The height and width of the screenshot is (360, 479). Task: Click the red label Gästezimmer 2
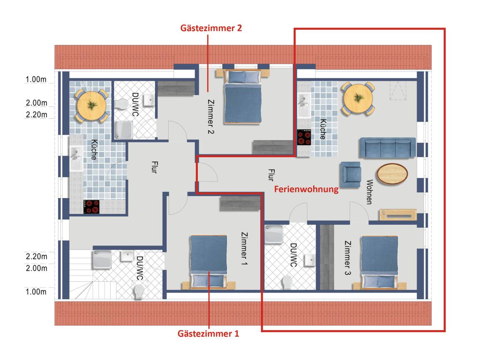211,28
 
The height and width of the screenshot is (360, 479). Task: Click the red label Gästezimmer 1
208,333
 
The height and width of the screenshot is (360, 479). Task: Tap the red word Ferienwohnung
306,189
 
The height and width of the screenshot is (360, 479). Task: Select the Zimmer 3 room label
348,258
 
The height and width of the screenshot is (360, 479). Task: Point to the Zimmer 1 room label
244,248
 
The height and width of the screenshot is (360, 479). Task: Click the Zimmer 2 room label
210,117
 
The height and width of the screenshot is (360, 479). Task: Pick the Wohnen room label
369,192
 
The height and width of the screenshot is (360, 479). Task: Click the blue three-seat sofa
388,148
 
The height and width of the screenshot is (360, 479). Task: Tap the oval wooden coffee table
392,174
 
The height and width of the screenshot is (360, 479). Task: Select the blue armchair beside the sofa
351,174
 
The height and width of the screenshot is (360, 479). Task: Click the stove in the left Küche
91,206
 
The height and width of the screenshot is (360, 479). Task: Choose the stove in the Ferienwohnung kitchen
304,137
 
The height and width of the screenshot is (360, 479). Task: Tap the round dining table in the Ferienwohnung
358,99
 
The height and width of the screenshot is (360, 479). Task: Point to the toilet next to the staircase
139,291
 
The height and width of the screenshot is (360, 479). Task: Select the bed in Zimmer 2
243,97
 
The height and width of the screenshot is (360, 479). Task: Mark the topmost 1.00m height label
36,79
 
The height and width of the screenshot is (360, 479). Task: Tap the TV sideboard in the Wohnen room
398,215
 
